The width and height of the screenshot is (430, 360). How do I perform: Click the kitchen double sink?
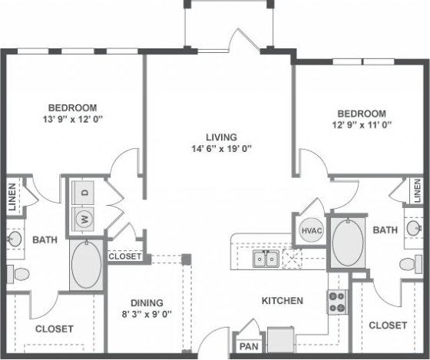[266, 259]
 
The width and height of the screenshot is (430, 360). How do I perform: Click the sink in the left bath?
[13, 239]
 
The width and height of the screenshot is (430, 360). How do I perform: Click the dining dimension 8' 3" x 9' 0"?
[145, 313]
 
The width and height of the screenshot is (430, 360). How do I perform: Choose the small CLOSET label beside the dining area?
[124, 256]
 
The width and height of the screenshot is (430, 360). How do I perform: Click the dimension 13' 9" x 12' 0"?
[72, 120]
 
